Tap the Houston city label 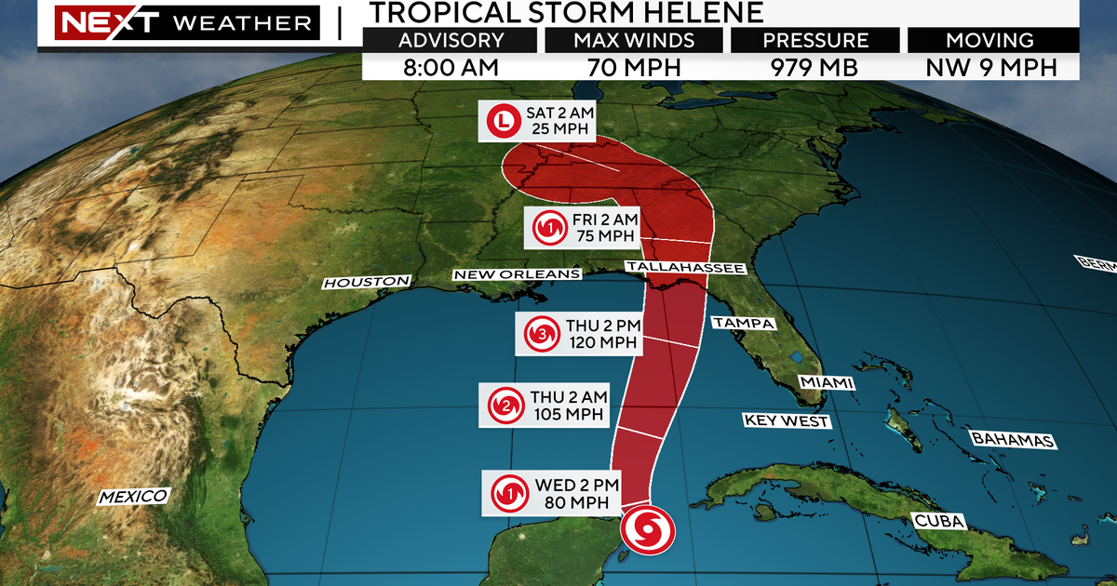tap(366, 281)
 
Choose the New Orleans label tap(518, 274)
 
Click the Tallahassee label tap(684, 268)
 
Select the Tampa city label tap(743, 324)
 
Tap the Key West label tap(786, 420)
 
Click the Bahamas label tap(1012, 439)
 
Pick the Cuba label tap(938, 521)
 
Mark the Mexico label tap(134, 497)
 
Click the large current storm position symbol tap(646, 530)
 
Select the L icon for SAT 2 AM tap(503, 120)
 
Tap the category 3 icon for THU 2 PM tap(541, 334)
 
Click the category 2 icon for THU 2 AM tap(504, 405)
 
